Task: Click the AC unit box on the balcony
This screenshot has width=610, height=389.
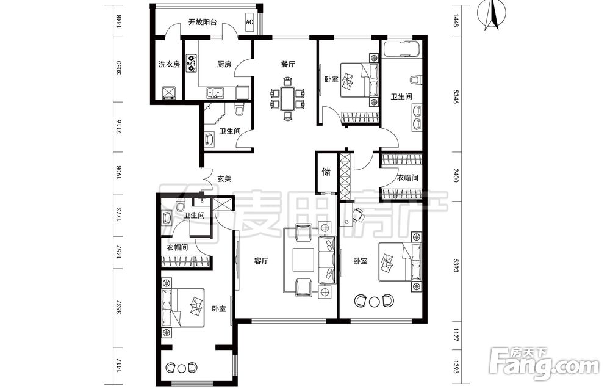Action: (249, 22)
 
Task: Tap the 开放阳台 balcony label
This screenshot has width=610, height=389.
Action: (203, 22)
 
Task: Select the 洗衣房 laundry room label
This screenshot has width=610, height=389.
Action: (169, 64)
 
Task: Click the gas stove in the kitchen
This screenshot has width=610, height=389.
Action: (192, 63)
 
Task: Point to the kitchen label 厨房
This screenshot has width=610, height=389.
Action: (224, 64)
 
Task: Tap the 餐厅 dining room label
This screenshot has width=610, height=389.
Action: (289, 64)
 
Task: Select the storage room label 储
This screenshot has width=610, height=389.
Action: (326, 172)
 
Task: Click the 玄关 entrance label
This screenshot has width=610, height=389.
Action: (224, 179)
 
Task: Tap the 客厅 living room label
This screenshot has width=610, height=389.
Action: (261, 261)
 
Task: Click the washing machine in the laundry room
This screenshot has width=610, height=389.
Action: (170, 93)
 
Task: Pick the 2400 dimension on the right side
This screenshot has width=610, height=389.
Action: (456, 175)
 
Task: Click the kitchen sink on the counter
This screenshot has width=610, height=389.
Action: (215, 93)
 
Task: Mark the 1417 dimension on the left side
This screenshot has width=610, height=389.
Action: (119, 365)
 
